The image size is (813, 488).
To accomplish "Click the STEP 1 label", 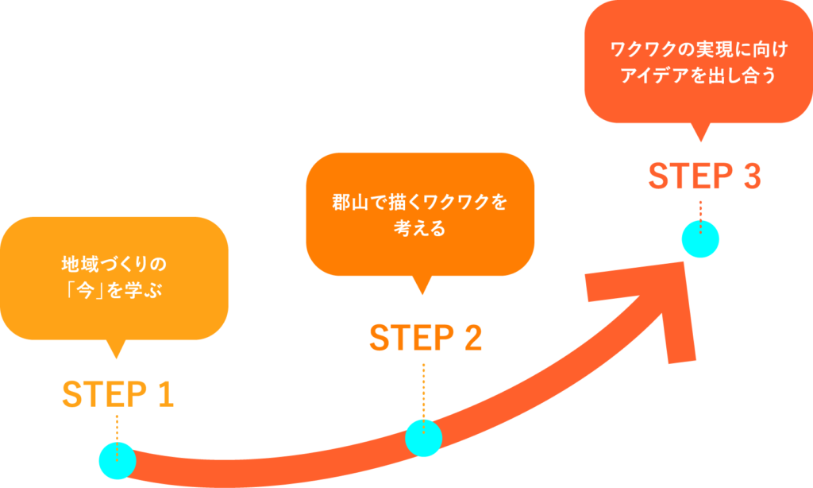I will (118, 394).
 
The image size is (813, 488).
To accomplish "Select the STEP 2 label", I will (426, 339).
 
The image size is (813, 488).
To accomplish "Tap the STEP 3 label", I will (704, 176).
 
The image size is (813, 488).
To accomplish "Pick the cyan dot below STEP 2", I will (424, 437).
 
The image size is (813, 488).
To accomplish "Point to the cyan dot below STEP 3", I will (700, 239).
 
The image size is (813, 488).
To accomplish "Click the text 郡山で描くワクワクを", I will (419, 202).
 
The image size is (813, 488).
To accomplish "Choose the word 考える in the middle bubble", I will (419, 230).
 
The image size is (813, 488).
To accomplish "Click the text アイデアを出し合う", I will (699, 78).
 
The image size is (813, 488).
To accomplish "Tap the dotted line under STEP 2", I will (424, 389).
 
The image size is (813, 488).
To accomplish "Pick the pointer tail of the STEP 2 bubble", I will (422, 285).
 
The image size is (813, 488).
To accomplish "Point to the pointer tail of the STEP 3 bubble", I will (699, 132).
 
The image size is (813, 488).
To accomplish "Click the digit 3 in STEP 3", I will (750, 176).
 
